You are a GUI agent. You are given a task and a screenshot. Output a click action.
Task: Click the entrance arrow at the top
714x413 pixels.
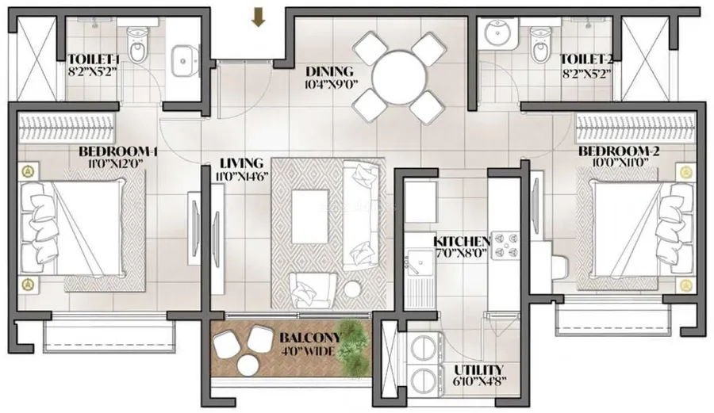(259, 17)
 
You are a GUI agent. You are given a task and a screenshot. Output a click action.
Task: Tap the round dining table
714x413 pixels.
(399, 77)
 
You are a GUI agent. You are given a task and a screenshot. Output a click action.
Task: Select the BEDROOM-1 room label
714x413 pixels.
(118, 151)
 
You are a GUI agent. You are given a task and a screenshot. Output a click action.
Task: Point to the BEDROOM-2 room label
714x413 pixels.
(619, 151)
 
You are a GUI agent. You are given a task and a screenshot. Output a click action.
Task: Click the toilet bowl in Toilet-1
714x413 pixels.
(136, 45)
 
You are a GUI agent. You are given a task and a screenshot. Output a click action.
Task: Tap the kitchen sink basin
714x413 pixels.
(418, 262)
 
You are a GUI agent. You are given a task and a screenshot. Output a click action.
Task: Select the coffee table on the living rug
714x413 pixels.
(309, 216)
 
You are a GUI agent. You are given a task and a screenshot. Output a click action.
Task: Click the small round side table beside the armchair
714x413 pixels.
(352, 289)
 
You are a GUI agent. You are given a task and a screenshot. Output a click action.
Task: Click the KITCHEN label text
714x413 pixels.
(461, 242)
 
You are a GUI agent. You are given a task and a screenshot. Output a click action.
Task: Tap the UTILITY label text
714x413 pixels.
(478, 369)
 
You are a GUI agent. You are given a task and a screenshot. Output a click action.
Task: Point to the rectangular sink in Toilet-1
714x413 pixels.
(185, 60)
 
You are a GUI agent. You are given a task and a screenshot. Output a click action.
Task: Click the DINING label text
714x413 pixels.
(330, 71)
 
